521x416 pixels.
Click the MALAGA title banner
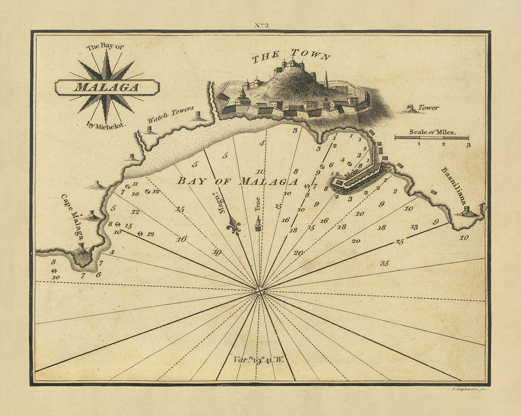[107, 88]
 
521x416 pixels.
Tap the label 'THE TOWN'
[291, 55]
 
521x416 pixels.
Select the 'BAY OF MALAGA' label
[237, 181]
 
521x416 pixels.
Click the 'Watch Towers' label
[170, 114]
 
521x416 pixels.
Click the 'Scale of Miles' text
[432, 132]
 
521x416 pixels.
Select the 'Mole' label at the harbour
[351, 172]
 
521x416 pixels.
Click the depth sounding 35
[385, 263]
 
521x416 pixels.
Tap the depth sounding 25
[399, 242]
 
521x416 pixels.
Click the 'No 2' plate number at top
[260, 25]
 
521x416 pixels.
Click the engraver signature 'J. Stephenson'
[467, 391]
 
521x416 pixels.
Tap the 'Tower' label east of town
[428, 107]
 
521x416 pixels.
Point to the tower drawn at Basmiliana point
[467, 211]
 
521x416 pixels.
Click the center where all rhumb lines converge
[259, 290]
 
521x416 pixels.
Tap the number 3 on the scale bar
[468, 144]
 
